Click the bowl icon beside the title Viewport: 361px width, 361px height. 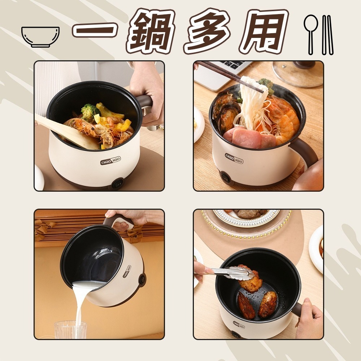click(x=40, y=37)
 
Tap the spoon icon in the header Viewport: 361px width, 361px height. click(x=311, y=35)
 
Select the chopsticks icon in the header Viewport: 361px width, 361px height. click(x=327, y=35)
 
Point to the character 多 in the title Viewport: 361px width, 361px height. click(x=207, y=31)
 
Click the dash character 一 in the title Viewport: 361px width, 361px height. click(x=94, y=30)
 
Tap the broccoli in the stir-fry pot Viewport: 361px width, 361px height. click(x=90, y=111)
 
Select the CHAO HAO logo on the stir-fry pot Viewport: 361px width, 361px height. click(x=110, y=161)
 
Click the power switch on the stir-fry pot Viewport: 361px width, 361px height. click(x=117, y=184)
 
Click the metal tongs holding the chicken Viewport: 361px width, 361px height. click(x=232, y=273)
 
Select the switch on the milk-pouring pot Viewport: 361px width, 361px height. click(x=142, y=280)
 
